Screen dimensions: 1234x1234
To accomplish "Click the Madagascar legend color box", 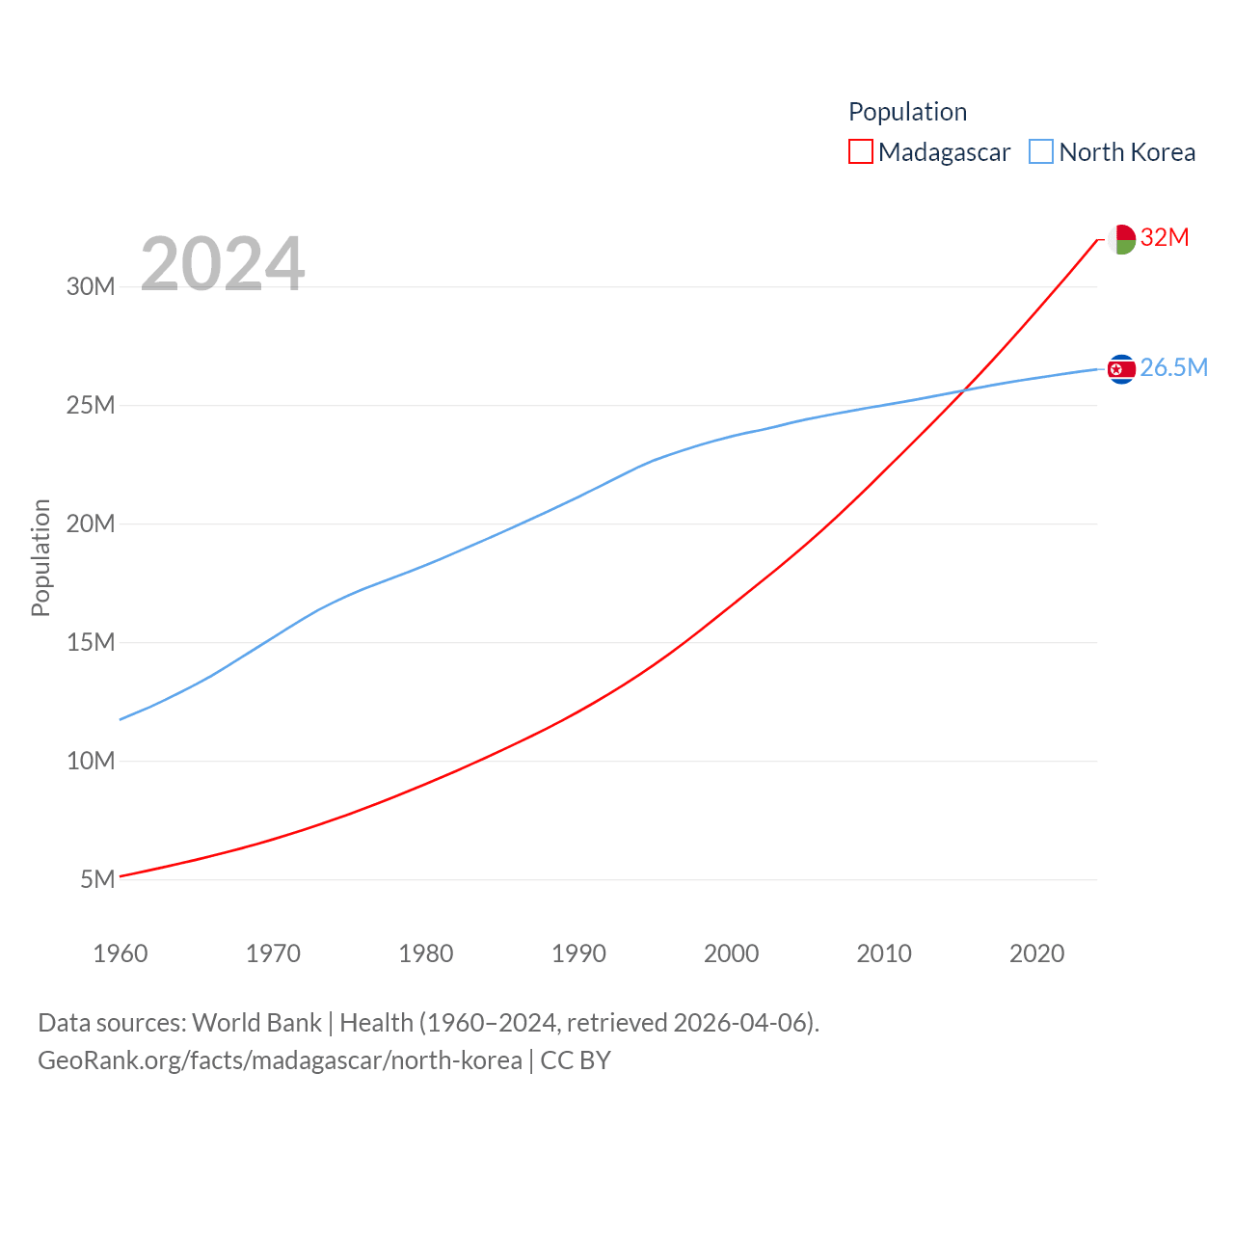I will click(860, 152).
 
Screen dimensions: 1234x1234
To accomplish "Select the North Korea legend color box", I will click(1041, 152).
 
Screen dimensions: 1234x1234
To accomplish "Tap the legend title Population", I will click(907, 112).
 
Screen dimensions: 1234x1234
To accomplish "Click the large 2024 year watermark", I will click(223, 263).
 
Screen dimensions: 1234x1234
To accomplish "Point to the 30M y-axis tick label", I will click(91, 286).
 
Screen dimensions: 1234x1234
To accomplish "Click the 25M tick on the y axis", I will click(91, 405).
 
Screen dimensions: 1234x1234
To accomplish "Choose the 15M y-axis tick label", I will click(91, 642).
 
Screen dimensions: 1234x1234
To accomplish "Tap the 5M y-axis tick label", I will click(97, 879).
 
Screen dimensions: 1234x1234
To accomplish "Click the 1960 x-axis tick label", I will click(121, 953).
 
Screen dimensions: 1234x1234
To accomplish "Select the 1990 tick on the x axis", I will click(578, 953).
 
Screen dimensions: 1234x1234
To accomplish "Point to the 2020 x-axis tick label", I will click(1036, 953).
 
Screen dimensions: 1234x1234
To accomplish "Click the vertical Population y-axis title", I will click(40, 557).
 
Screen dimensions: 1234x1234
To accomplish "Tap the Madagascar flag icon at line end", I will click(1121, 239).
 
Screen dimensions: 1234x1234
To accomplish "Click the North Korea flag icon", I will click(1121, 369).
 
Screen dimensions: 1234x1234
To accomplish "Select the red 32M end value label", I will click(1165, 237).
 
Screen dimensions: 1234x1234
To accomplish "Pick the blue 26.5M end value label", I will click(1173, 367).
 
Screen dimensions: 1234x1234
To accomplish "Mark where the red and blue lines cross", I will click(963, 390).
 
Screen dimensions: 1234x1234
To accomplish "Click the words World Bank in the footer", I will click(256, 1022).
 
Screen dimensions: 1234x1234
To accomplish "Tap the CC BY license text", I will click(576, 1060).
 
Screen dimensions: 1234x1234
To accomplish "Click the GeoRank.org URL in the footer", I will click(280, 1060).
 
